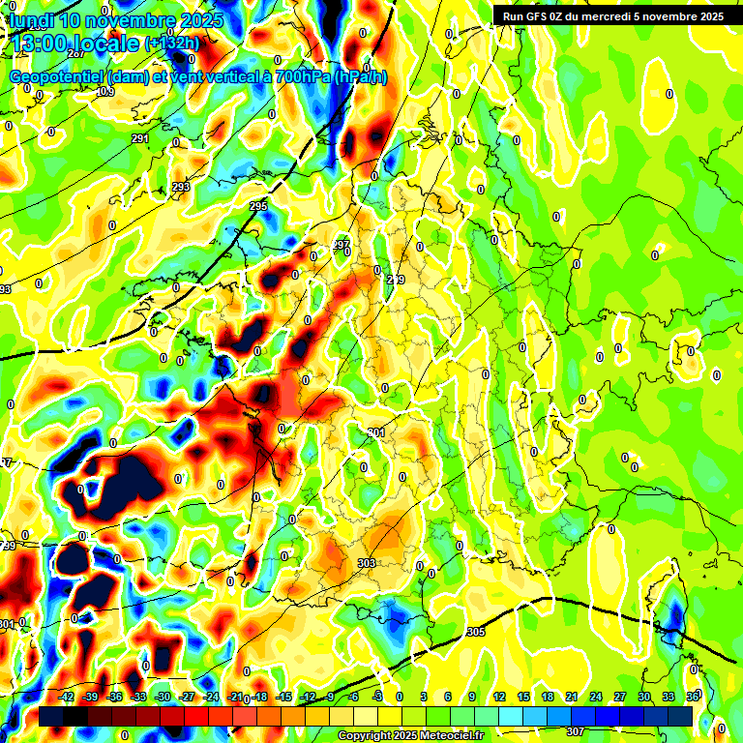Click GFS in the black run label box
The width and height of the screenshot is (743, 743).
(x=536, y=16)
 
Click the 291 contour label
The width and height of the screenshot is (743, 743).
(x=140, y=139)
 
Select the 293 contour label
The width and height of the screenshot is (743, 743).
(x=181, y=187)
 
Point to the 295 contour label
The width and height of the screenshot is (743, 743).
(x=257, y=207)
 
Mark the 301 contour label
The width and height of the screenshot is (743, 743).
(x=376, y=432)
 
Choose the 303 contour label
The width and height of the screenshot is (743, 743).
(x=366, y=563)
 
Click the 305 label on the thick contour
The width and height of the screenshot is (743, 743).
(x=475, y=632)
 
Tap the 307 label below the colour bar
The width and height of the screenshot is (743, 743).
(x=575, y=731)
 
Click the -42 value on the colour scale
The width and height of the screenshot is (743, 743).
(x=67, y=697)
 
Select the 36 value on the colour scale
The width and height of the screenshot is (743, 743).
(x=692, y=697)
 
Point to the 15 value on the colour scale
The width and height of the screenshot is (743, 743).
(x=522, y=697)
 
